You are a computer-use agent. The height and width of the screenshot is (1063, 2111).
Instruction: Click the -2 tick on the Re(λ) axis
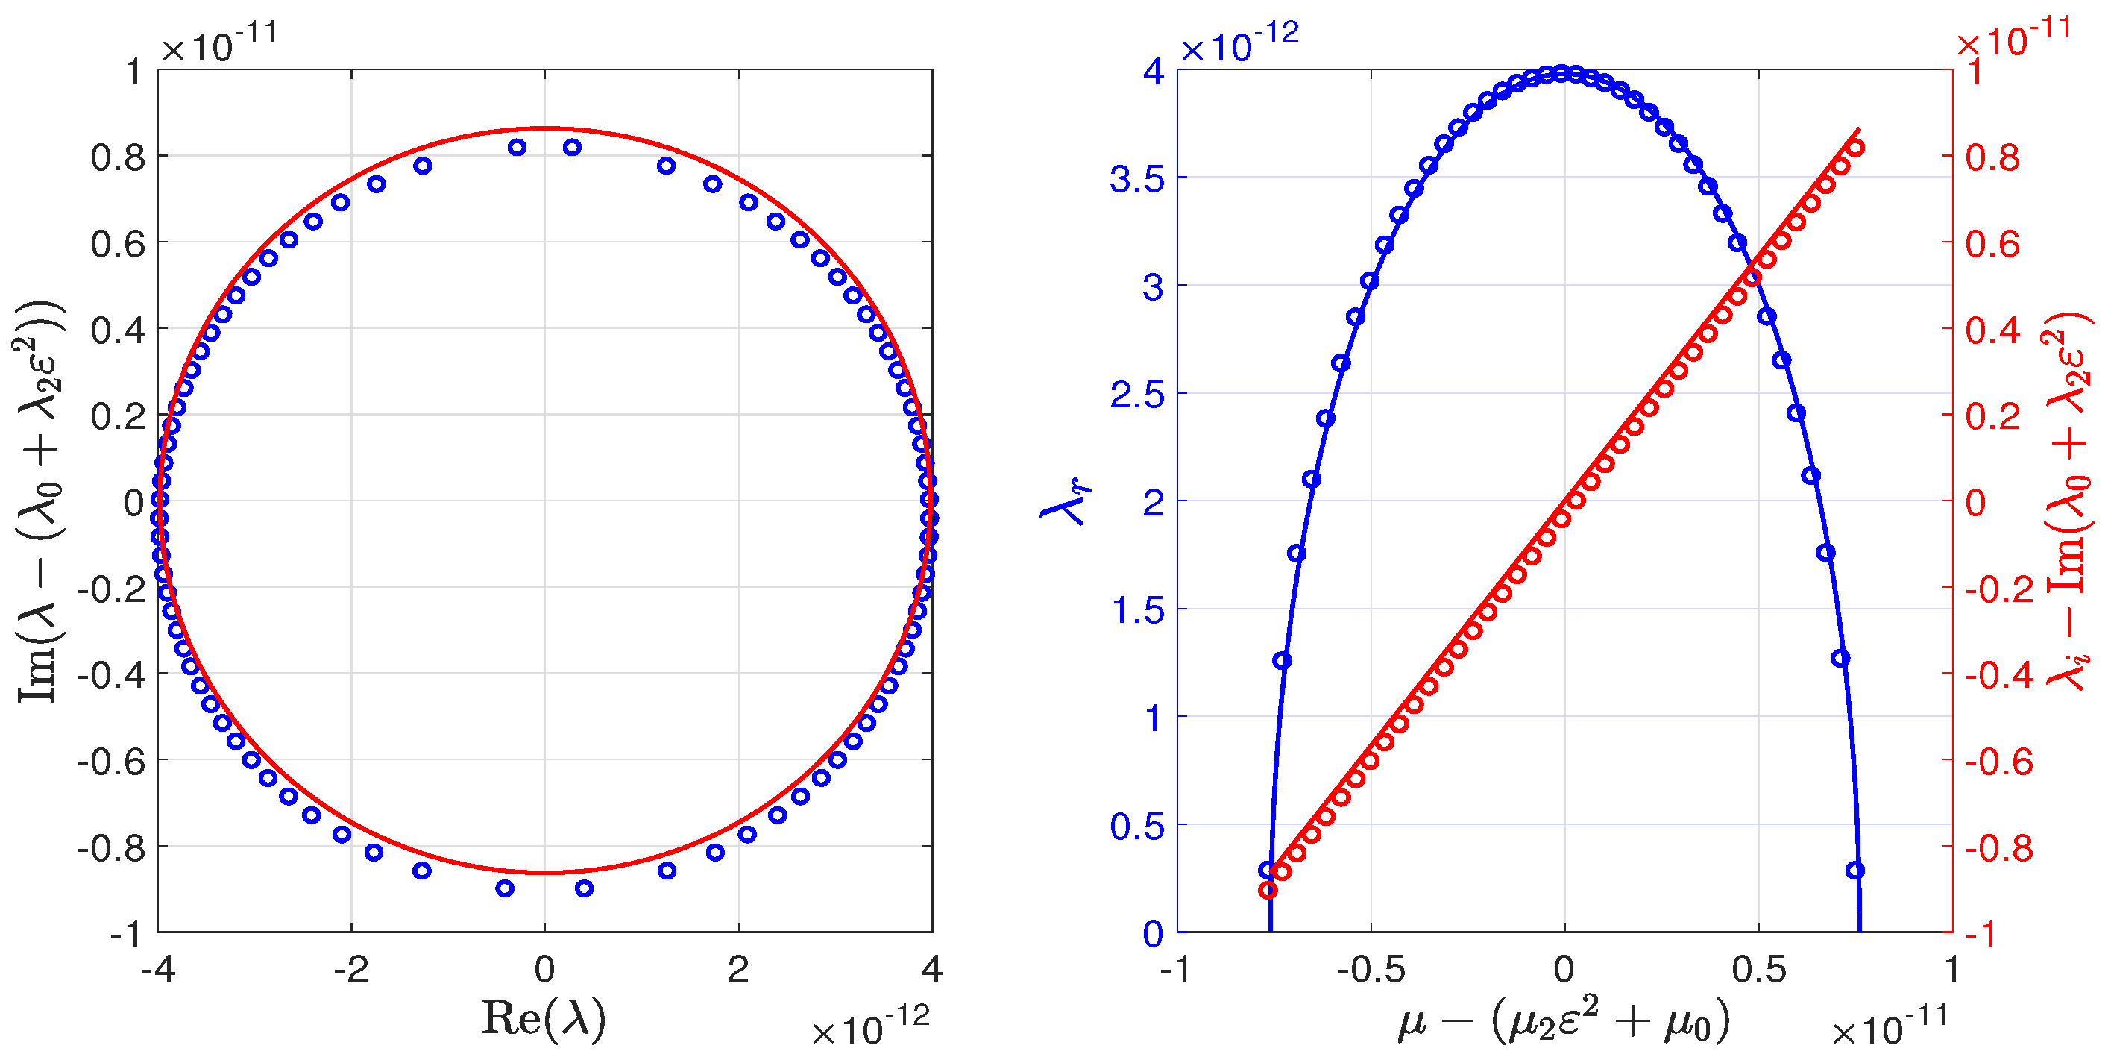coord(350,970)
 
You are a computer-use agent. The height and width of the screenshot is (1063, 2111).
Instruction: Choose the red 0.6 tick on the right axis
coord(1992,243)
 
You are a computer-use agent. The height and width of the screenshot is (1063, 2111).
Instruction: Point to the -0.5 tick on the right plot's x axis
coord(1371,970)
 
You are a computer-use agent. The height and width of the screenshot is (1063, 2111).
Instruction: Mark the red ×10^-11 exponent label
coord(2013,37)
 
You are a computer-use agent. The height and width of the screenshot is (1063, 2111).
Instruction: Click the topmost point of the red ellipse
coord(545,128)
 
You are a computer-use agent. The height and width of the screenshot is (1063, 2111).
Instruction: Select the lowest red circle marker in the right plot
coord(1268,890)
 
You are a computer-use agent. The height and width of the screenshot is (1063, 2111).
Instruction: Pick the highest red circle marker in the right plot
coord(1856,148)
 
